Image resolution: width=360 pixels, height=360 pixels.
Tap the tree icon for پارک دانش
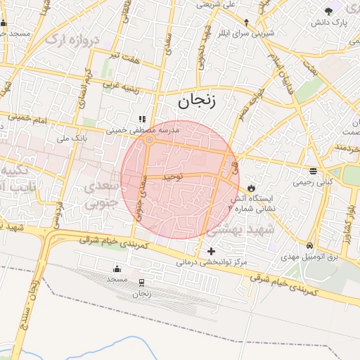tap(330, 11)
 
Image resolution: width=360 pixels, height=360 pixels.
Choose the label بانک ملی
tap(71, 139)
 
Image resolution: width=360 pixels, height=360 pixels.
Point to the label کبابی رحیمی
tap(312, 181)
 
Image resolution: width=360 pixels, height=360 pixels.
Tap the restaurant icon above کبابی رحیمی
tap(312, 171)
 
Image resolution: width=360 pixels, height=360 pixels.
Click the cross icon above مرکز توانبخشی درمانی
tap(211, 251)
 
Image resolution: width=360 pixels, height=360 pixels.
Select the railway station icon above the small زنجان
tap(142, 283)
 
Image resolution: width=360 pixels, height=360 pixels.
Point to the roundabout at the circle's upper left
tap(149, 140)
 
